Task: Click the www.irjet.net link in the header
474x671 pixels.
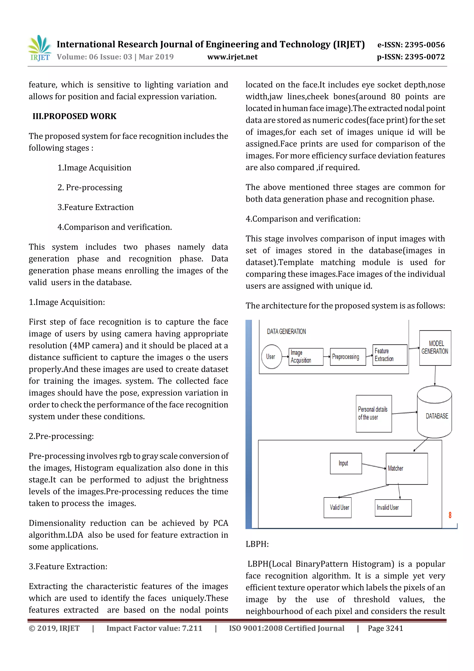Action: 232,57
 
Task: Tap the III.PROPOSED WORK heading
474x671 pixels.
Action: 74,116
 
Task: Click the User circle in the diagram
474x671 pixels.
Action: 271,356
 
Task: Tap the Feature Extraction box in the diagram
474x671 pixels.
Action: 390,355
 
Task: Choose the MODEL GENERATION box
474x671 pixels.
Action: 435,348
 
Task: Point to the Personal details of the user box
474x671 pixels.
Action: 374,413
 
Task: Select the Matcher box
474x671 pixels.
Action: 407,469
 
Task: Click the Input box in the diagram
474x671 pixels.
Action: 346,463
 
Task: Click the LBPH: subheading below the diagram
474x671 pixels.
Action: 257,544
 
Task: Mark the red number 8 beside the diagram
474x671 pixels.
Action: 450,515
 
